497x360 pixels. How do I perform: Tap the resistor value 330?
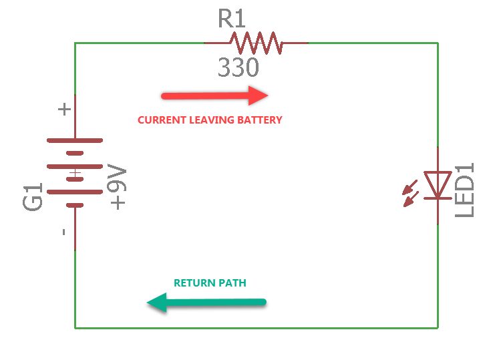(x=238, y=68)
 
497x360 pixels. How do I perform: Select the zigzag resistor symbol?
(x=256, y=43)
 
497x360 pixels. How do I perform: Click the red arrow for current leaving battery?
(x=214, y=96)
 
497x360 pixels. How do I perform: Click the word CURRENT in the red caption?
(x=158, y=120)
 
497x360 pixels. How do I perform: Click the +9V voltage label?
(x=118, y=189)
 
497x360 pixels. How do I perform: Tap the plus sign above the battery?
(x=65, y=109)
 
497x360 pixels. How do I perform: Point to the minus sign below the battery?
(x=64, y=232)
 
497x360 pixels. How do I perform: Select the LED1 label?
(x=464, y=190)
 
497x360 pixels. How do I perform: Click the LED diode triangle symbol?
(x=438, y=184)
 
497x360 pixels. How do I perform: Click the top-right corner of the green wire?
(x=438, y=43)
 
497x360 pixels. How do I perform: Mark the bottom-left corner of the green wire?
(x=75, y=327)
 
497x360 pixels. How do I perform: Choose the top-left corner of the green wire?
(x=75, y=43)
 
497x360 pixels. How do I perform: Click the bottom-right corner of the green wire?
(x=438, y=327)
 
